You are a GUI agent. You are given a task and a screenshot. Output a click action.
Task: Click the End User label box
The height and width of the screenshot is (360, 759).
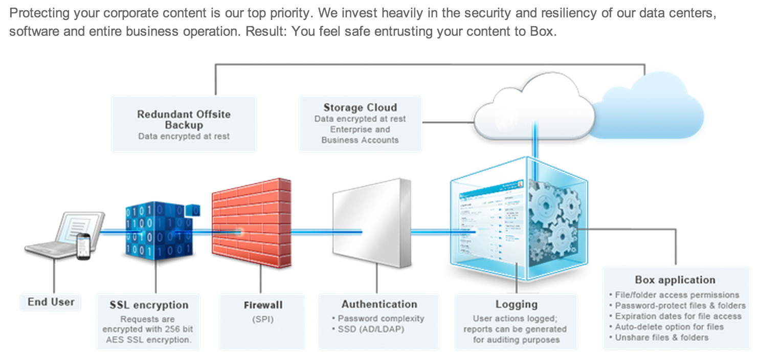(51, 302)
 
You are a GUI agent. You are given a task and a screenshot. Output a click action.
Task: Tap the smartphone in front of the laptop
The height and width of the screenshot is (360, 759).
(83, 246)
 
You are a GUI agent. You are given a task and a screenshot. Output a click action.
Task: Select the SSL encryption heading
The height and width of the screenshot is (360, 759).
(149, 305)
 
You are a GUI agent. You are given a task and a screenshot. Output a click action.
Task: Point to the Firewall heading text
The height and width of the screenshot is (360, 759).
(263, 305)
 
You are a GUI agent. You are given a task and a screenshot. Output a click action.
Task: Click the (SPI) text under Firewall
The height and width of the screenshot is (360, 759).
(263, 319)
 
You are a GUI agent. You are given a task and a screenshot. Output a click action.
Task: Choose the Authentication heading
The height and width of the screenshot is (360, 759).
(379, 304)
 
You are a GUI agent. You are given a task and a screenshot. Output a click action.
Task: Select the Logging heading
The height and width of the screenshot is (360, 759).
(516, 304)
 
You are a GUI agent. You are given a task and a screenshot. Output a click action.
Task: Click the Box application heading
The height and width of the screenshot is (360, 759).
(675, 280)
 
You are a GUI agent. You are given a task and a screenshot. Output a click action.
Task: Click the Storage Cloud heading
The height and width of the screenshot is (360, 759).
(360, 107)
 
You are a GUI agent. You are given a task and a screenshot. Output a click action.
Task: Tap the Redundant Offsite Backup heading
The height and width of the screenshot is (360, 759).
(184, 119)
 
